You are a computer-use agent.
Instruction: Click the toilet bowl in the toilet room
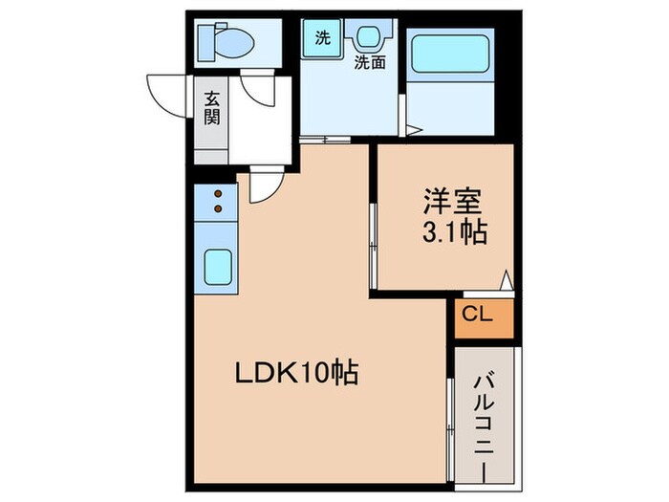tap(234, 42)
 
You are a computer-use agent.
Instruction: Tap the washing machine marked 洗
tap(322, 38)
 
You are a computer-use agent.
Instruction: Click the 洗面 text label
tap(370, 63)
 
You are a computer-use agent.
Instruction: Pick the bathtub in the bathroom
tap(450, 55)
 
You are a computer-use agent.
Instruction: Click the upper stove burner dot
tap(218, 194)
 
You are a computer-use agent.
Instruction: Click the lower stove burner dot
tap(218, 208)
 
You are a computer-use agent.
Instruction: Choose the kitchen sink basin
tap(218, 267)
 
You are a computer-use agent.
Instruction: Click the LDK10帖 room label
tap(297, 372)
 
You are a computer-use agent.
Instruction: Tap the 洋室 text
tap(453, 202)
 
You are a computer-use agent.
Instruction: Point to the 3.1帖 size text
tap(454, 232)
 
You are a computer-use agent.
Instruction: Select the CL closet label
tap(478, 315)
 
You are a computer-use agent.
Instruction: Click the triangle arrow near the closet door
tap(506, 280)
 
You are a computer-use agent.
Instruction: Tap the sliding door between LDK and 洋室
tap(373, 247)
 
